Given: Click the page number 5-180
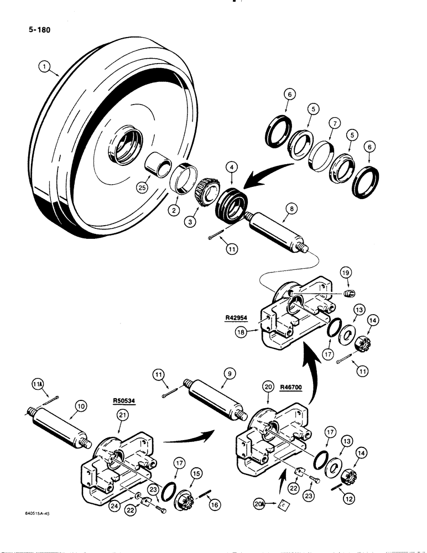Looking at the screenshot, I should (36, 30).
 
